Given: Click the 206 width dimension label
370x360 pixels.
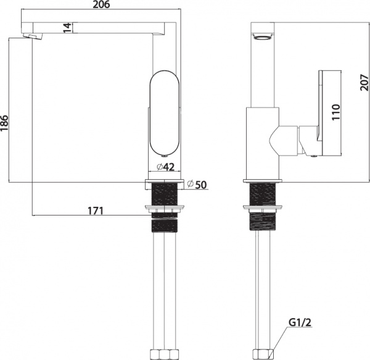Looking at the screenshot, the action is [101, 4].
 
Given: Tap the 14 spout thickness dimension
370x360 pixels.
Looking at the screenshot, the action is [67, 28].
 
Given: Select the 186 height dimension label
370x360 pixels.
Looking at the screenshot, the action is [4, 123].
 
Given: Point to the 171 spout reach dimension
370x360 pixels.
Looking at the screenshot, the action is [96, 211].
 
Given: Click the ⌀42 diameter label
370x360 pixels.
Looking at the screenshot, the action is [165, 167].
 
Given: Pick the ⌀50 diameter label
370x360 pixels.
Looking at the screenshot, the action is [197, 185].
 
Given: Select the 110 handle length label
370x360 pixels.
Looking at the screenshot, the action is [336, 112].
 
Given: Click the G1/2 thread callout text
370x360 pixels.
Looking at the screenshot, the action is [300, 322].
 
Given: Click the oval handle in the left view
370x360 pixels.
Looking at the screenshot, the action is [164, 112].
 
